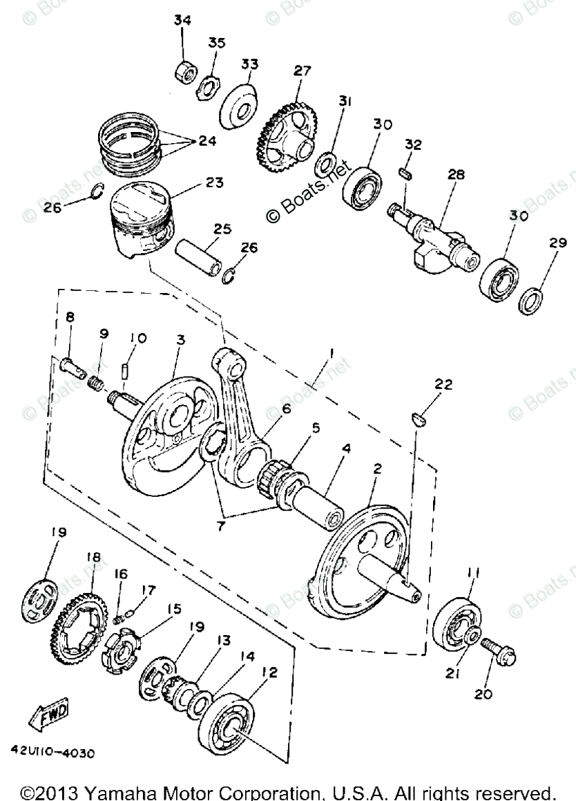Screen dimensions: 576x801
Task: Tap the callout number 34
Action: click(182, 21)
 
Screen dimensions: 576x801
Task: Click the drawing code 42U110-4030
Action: click(52, 751)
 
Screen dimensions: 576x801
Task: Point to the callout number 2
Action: click(377, 470)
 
